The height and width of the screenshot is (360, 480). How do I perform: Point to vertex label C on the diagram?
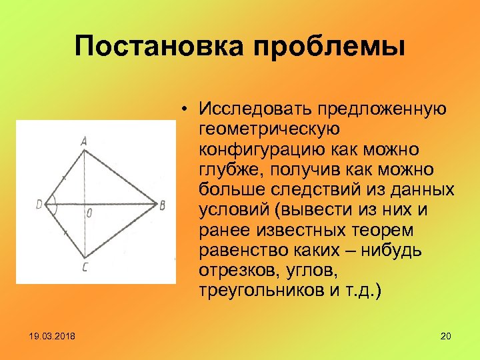(x=84, y=267)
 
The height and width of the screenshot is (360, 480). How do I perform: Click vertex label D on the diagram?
(x=39, y=204)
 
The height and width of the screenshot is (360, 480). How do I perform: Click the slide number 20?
(x=446, y=335)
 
